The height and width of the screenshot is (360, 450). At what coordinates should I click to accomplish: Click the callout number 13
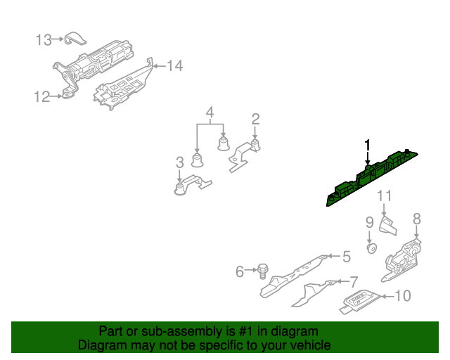44,40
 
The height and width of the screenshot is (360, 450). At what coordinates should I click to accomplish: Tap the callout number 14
174,66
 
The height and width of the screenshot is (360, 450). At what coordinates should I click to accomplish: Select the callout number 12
41,97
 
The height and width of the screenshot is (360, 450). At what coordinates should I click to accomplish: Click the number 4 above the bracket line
209,112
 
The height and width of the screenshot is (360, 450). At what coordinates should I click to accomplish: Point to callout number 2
256,119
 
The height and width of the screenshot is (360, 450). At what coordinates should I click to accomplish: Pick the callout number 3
180,164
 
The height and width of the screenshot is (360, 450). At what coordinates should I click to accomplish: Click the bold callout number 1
366,146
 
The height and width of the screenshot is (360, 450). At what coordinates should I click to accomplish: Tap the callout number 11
384,196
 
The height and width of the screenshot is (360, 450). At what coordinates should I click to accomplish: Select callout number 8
416,219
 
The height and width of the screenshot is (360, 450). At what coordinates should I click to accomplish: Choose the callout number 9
369,223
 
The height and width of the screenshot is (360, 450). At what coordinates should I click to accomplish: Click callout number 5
346,257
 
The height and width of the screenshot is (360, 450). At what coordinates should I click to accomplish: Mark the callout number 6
239,271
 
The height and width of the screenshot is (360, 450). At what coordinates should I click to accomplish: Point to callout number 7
354,282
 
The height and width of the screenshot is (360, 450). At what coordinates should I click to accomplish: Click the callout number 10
402,296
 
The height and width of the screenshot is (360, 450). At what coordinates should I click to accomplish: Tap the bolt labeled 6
263,271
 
